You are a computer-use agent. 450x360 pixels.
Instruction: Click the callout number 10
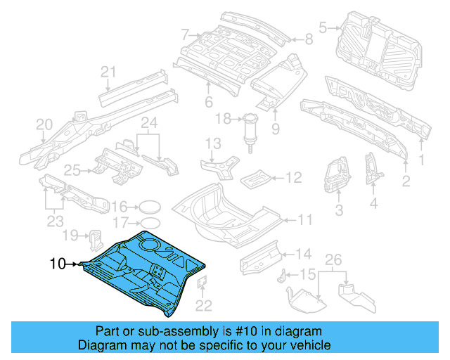tap(58, 264)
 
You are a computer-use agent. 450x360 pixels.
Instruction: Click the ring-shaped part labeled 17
tap(146, 223)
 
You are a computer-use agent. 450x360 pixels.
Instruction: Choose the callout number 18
tap(223, 120)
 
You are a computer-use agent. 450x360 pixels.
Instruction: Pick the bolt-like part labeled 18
tap(248, 130)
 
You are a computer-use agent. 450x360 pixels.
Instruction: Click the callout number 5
tap(323, 27)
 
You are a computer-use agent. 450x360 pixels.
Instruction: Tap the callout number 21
tap(108, 71)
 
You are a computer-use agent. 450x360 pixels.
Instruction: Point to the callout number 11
tap(305, 220)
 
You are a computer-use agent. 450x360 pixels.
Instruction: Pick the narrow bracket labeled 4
tap(370, 167)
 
